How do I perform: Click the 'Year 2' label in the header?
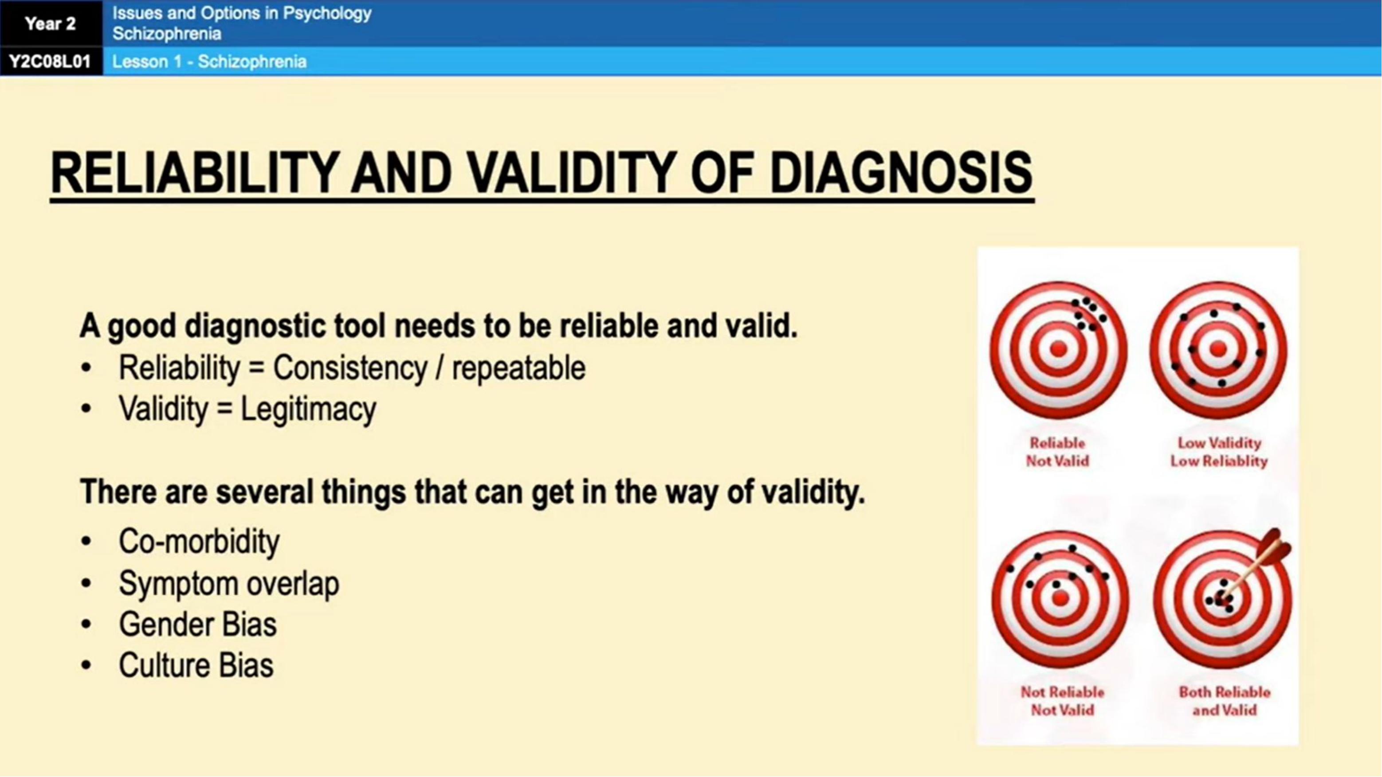51,23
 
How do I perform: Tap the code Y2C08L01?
51,62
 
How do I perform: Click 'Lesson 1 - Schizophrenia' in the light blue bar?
209,62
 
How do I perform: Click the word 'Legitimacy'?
309,410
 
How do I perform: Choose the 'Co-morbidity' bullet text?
199,541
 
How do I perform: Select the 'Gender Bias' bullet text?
198,624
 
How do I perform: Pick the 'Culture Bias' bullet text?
196,665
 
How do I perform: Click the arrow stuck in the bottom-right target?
1256,568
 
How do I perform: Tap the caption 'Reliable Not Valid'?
1057,452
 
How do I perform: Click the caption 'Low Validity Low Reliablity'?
1219,452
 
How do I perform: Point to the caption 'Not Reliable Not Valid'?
1062,701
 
